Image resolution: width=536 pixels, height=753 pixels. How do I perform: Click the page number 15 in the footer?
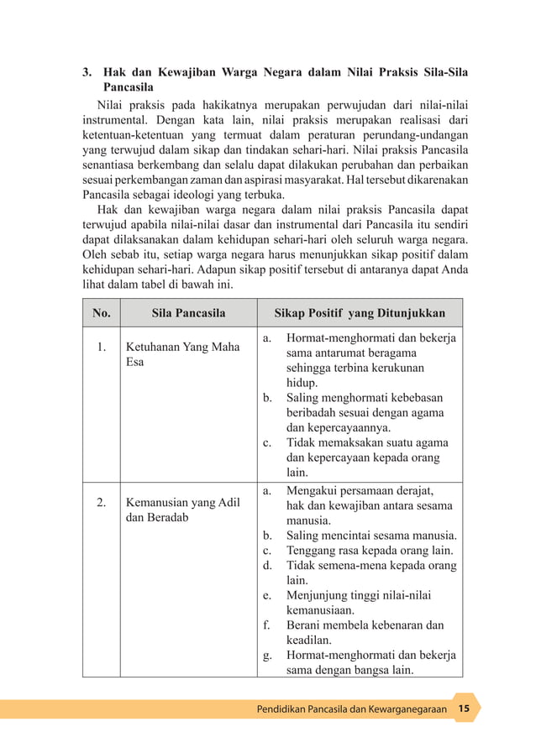click(464, 709)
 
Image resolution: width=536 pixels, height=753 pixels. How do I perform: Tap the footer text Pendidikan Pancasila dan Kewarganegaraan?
click(351, 709)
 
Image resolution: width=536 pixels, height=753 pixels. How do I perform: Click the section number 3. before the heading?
click(87, 73)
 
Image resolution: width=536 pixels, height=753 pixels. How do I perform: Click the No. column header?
click(101, 313)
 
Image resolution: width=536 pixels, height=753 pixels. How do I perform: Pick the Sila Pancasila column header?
click(188, 313)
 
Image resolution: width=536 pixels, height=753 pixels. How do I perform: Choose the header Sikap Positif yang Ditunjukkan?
click(360, 313)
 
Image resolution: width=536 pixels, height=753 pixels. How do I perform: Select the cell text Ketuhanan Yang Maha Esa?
click(182, 354)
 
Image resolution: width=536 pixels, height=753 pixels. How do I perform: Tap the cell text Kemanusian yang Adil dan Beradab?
click(182, 510)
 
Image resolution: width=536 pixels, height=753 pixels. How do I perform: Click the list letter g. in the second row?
click(267, 656)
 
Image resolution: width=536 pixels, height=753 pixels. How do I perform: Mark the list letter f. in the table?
click(266, 625)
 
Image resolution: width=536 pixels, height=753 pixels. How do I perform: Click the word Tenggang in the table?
click(313, 551)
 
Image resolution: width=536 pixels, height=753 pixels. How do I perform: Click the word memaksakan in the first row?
click(349, 442)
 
